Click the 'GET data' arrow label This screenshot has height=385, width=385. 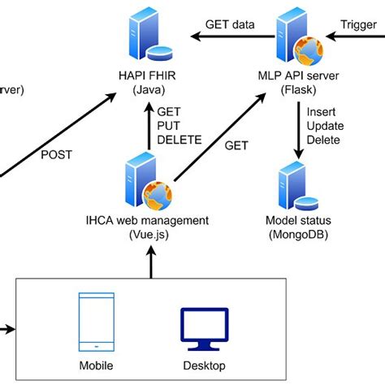(230, 24)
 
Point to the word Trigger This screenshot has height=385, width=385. (358, 24)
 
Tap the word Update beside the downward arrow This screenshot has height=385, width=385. (326, 126)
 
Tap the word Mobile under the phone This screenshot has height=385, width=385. (97, 365)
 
